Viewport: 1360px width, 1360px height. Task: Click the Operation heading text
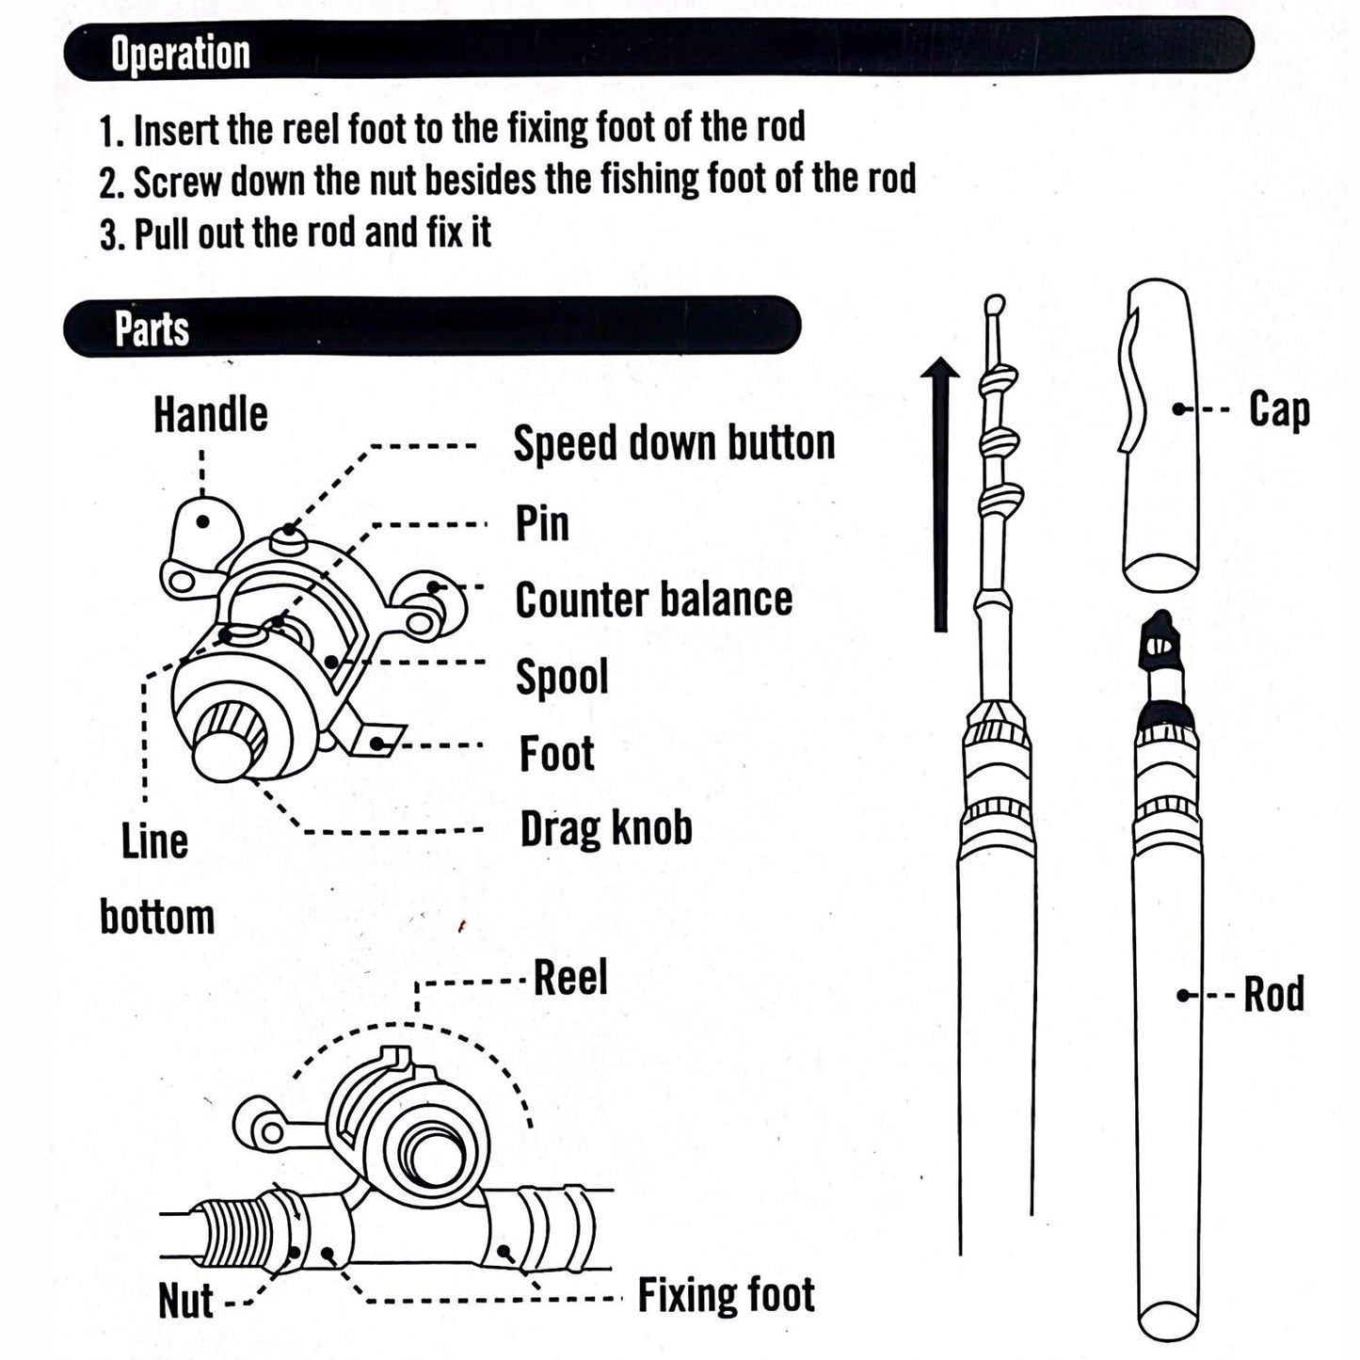click(x=181, y=54)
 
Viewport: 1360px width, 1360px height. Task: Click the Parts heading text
click(x=152, y=328)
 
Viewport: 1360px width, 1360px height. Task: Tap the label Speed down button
click(x=674, y=442)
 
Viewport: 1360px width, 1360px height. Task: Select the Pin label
click(x=542, y=523)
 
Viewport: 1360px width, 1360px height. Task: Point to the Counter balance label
click(x=654, y=600)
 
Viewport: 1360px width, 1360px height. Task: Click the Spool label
click(x=562, y=677)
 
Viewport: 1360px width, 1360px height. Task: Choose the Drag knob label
click(x=606, y=828)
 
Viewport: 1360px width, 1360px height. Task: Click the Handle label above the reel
click(x=211, y=415)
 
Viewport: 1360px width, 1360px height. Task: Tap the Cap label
click(x=1279, y=410)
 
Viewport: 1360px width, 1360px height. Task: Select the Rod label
click(x=1274, y=995)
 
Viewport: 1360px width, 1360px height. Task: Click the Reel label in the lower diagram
click(x=570, y=978)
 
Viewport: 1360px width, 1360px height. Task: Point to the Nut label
click(x=185, y=1302)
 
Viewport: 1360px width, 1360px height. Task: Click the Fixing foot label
click(x=726, y=1295)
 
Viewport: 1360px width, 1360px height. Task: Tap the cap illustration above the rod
click(x=1160, y=433)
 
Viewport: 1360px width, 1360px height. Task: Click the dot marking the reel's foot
click(x=377, y=744)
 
